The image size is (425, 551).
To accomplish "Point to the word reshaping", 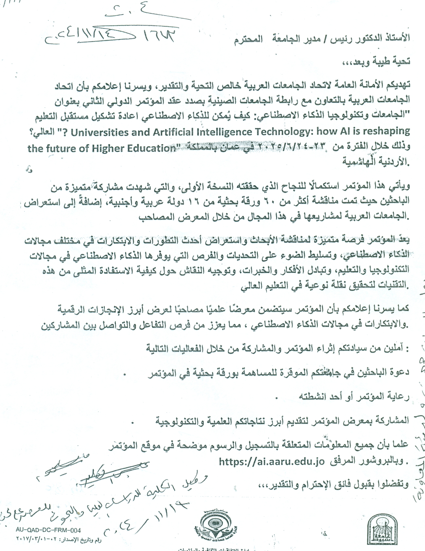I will (380, 132).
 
